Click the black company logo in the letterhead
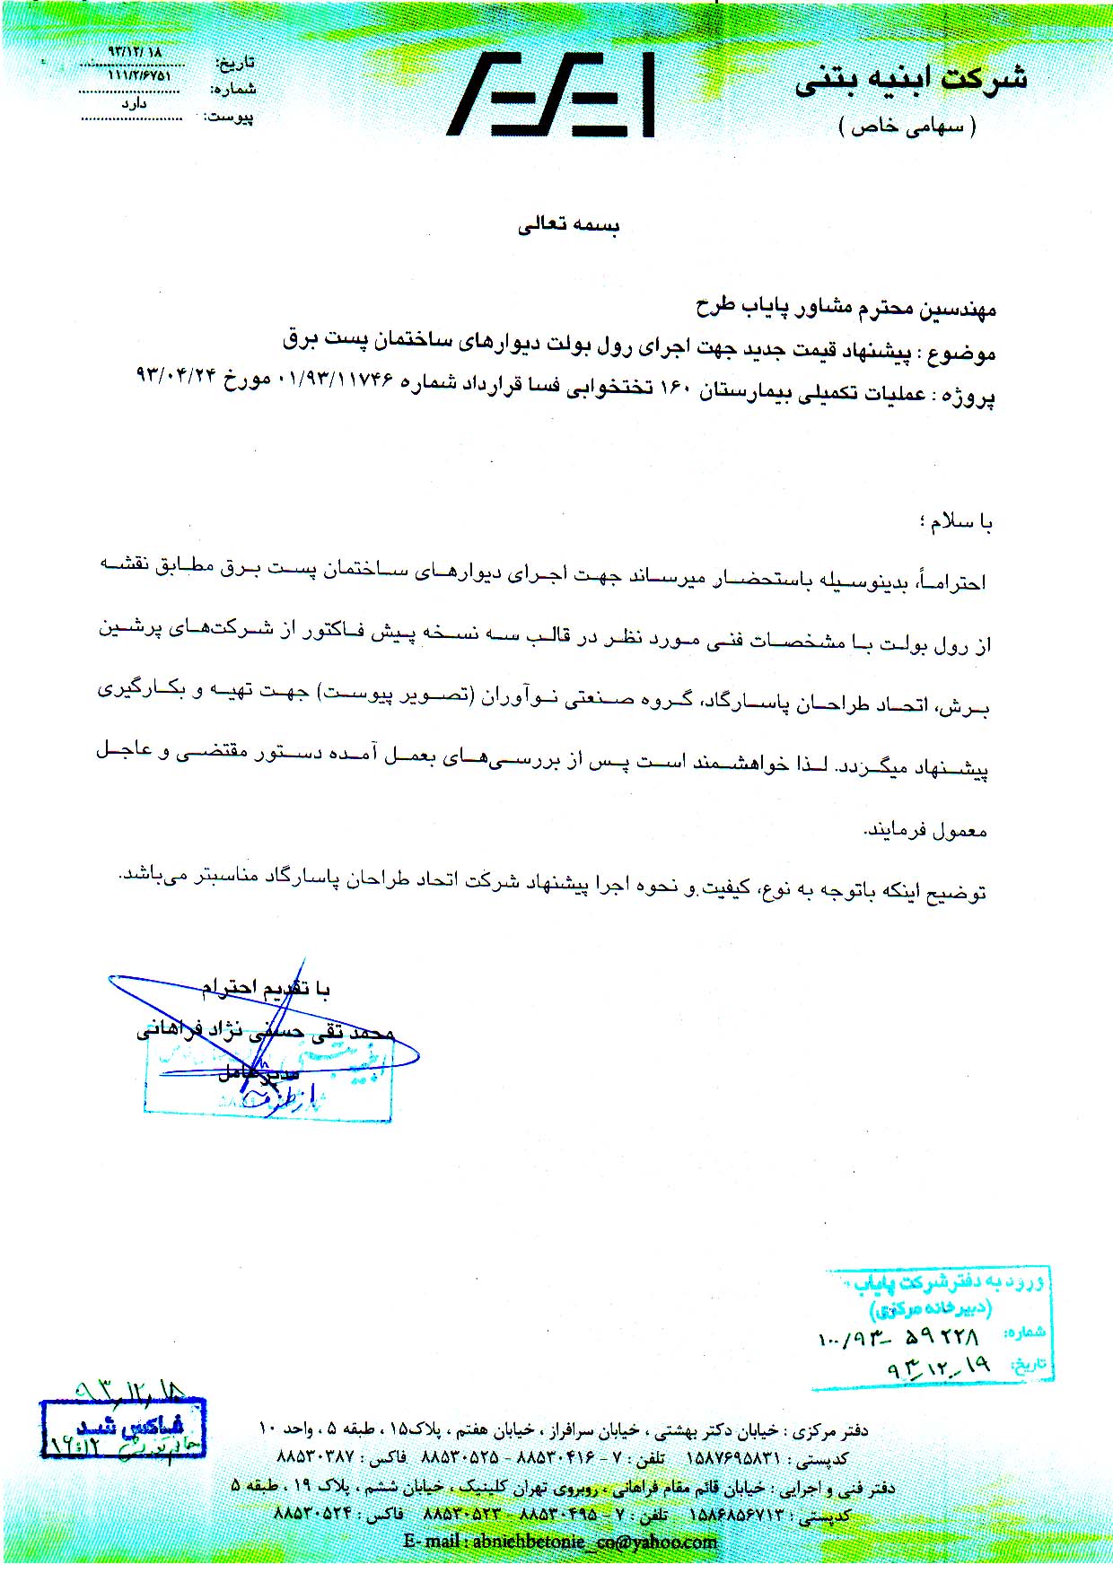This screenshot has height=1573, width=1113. point(551,93)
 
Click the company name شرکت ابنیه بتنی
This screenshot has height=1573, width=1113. point(910,80)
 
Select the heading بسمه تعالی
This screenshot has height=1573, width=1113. point(568,225)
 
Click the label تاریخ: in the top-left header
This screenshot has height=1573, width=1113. point(236,63)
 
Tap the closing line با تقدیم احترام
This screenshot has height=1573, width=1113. point(266,989)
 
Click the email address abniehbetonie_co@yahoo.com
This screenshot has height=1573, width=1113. point(560,1542)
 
